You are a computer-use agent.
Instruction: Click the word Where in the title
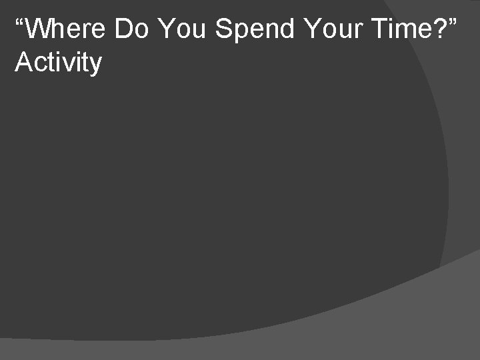[67, 29]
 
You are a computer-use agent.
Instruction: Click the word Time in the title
[401, 29]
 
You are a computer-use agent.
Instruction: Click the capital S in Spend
[224, 29]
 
